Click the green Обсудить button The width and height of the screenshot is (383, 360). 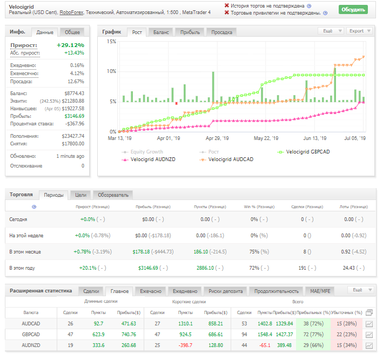(x=353, y=10)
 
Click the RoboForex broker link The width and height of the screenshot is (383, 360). (x=71, y=12)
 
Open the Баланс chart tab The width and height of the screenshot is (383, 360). (x=161, y=32)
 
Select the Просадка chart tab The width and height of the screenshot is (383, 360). (x=221, y=32)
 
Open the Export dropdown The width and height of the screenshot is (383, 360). (x=359, y=31)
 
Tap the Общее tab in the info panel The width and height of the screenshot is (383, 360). (x=72, y=32)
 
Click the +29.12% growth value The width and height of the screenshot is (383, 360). (x=70, y=45)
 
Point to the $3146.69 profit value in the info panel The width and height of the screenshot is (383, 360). (x=74, y=116)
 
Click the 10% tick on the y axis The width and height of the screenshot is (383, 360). (x=111, y=71)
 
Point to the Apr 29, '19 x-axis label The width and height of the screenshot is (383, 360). (x=217, y=138)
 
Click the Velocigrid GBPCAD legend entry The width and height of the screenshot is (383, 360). (x=304, y=152)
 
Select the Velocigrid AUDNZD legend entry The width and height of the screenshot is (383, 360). (x=149, y=159)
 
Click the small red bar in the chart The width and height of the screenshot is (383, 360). (x=176, y=104)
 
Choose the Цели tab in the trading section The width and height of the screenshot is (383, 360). (x=80, y=195)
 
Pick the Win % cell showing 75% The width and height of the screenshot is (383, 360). (x=254, y=252)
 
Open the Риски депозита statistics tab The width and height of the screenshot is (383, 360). (x=225, y=291)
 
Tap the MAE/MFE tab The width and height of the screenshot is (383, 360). (x=320, y=291)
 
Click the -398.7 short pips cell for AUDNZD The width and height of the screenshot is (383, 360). (x=185, y=345)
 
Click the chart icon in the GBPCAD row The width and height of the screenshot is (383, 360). (x=369, y=335)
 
